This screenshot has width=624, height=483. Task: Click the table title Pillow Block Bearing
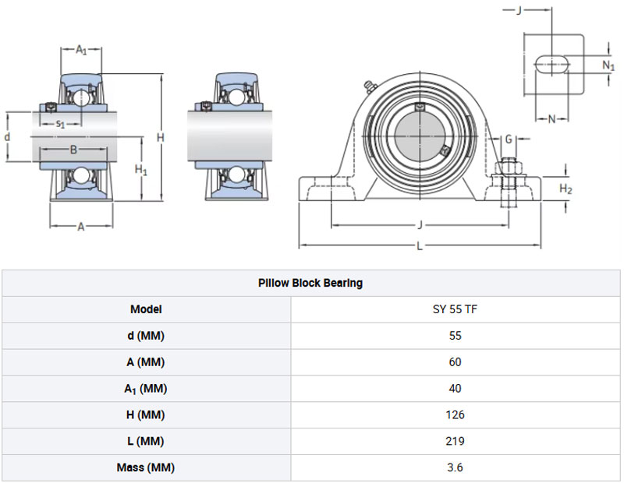pos(310,283)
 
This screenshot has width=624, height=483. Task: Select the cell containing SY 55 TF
pos(455,309)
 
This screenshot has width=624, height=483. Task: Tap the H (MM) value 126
pos(455,414)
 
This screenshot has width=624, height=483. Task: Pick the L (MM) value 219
pos(455,441)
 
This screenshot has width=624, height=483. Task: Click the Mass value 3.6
pos(455,467)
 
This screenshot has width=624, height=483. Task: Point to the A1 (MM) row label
pos(146,389)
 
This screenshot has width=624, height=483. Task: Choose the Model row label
pos(146,309)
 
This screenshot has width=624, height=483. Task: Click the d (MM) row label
pos(146,336)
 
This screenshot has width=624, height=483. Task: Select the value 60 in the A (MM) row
pos(455,362)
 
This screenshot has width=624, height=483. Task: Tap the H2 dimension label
pos(565,189)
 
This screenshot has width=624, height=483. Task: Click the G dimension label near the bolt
pos(509,139)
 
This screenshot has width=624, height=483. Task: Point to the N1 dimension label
pos(608,65)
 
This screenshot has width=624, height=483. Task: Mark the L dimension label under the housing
pos(420,246)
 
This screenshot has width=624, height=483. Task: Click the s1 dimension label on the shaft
pos(60,124)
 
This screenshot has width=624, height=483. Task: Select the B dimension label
pos(73,150)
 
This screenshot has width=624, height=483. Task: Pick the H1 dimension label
pos(141,170)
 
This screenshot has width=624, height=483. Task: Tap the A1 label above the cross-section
pos(81,50)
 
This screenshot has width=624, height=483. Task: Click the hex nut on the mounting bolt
pos(509,166)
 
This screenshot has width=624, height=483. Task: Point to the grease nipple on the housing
pos(369,86)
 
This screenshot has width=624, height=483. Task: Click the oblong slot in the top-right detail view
pos(551,64)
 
